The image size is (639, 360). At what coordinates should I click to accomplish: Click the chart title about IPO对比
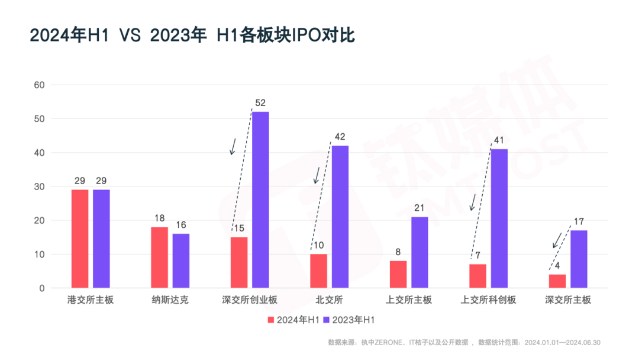192,35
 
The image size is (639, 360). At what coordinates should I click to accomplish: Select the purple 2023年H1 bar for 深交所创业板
260,200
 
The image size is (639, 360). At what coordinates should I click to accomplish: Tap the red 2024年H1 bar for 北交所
318,271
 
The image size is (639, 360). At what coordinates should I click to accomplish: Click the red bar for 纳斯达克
159,258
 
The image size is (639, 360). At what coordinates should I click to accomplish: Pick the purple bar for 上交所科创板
499,218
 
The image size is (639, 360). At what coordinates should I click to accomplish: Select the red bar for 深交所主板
557,281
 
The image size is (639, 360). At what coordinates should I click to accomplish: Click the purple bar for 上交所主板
419,252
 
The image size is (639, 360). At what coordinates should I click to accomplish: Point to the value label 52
260,103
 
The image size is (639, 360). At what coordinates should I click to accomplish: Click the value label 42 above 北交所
340,137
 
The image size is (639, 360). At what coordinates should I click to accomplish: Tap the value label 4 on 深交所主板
557,266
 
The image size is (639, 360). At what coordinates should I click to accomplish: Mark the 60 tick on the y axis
40,85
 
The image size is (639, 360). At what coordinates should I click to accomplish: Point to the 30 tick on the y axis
40,187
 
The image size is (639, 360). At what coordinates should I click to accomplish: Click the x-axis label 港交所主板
91,300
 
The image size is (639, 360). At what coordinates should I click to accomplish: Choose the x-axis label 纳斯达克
170,300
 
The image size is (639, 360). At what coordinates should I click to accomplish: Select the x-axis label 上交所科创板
488,300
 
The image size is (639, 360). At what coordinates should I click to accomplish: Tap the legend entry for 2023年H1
349,320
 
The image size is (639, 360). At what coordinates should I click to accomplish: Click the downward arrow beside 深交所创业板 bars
233,146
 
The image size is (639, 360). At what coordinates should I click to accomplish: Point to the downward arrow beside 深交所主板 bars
557,240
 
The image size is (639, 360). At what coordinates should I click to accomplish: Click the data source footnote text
464,342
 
